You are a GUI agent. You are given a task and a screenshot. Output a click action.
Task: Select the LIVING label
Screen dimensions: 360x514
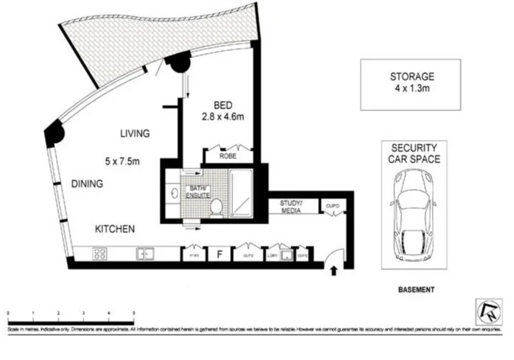(x=135, y=134)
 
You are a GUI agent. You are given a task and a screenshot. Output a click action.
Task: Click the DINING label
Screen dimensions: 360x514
(x=86, y=184)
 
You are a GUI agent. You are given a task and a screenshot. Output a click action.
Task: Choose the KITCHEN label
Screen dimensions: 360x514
(x=115, y=229)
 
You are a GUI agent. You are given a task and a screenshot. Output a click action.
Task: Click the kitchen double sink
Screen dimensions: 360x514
(x=146, y=253)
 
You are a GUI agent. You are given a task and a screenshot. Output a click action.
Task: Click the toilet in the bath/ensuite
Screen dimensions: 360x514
(x=216, y=208)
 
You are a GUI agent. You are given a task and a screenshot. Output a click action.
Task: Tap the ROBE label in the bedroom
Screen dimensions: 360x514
(x=228, y=155)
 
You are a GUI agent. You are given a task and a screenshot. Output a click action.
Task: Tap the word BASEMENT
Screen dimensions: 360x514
(x=416, y=290)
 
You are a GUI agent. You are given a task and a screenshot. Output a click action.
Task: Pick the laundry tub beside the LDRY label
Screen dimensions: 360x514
(x=287, y=255)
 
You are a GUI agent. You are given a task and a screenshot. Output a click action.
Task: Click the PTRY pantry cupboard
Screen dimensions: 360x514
(x=194, y=255)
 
